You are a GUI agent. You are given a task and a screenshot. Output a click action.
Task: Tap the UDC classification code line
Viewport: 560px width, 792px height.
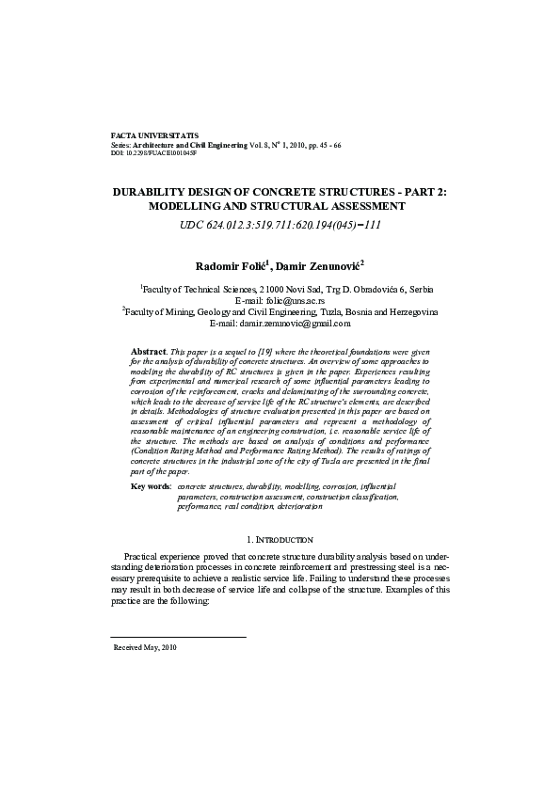coord(280,226)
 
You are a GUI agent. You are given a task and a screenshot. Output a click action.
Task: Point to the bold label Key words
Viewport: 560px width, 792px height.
coord(151,486)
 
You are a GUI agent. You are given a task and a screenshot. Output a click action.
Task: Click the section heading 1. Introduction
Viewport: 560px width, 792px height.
coord(280,540)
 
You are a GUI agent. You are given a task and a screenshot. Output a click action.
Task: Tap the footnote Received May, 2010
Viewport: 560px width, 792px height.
coord(145,648)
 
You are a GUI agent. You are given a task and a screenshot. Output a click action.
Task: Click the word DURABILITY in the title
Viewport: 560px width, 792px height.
coord(155,191)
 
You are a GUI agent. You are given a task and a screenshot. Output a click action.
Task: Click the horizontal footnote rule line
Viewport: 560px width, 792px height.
coord(179,638)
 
